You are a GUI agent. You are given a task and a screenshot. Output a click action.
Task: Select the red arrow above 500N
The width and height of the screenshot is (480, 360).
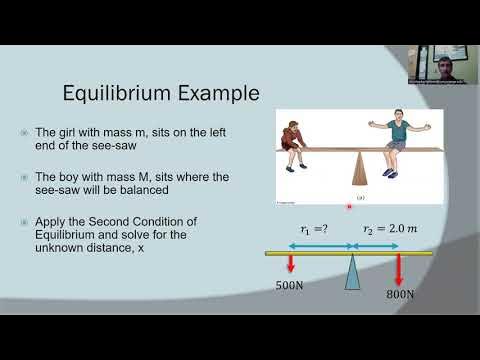click(289, 265)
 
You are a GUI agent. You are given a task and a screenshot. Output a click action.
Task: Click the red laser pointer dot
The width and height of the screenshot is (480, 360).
click(348, 206)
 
